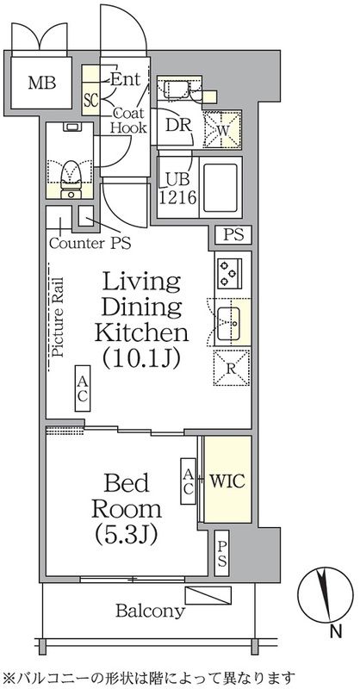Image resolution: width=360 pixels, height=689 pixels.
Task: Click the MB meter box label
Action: click(42, 83)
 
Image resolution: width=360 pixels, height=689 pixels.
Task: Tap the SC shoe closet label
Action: click(90, 100)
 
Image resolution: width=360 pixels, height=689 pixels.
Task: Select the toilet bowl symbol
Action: click(71, 180)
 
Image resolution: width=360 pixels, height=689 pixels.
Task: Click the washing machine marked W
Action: click(222, 130)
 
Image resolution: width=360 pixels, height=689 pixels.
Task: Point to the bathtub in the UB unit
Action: click(220, 187)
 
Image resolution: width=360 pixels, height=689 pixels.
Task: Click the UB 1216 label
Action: click(177, 189)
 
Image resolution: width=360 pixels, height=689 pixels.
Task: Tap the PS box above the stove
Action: click(233, 234)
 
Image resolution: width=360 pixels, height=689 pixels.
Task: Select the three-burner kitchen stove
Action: click(229, 274)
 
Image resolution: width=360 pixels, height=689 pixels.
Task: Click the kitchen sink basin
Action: click(228, 323)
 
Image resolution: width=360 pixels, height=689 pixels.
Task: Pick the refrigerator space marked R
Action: click(232, 368)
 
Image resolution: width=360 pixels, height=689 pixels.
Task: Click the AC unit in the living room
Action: click(82, 388)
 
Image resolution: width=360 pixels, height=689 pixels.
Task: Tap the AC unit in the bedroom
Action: click(188, 481)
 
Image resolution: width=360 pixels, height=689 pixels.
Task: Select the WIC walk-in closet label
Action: click(227, 481)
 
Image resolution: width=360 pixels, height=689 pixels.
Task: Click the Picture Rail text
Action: click(59, 316)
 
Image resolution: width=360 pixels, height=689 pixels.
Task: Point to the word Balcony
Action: click(150, 611)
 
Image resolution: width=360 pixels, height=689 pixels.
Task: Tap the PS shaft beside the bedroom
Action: click(222, 554)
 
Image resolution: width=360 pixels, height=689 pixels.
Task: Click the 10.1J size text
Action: click(141, 358)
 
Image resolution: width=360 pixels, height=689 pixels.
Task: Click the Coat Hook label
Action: click(128, 120)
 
